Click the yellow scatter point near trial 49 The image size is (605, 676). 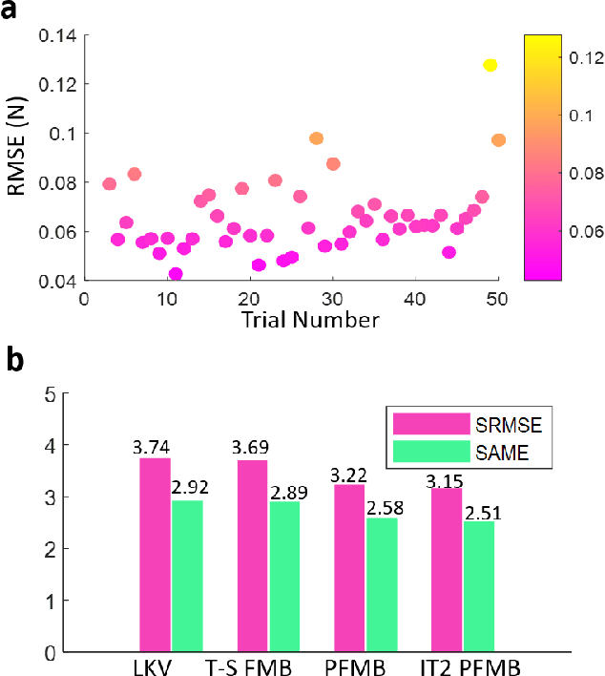click(x=490, y=65)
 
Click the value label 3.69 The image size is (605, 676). click(x=251, y=449)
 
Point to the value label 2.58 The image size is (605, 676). click(x=382, y=507)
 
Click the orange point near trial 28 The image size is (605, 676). click(x=316, y=138)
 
